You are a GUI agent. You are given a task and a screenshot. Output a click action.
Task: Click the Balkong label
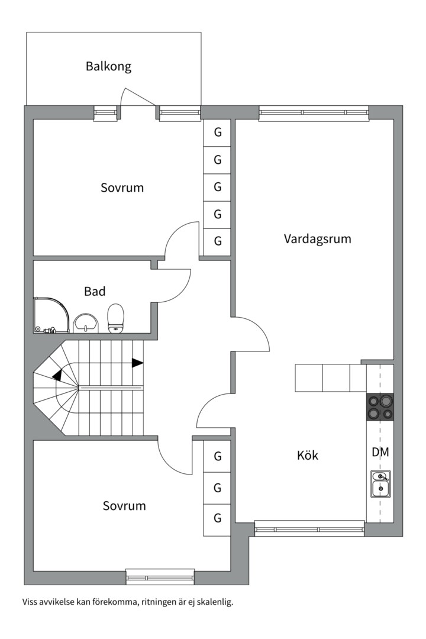pyautogui.click(x=108, y=66)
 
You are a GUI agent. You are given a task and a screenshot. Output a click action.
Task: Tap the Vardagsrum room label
pyautogui.click(x=317, y=239)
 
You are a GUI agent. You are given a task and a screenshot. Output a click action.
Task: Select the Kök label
pyautogui.click(x=308, y=456)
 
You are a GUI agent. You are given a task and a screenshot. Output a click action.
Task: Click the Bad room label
pyautogui.click(x=95, y=291)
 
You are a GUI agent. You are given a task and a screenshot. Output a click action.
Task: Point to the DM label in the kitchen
pyautogui.click(x=380, y=453)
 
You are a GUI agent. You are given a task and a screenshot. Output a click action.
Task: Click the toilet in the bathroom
pyautogui.click(x=116, y=318)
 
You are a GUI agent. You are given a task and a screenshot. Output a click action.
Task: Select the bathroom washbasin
pyautogui.click(x=86, y=322)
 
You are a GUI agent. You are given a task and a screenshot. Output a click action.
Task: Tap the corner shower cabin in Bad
pyautogui.click(x=51, y=314)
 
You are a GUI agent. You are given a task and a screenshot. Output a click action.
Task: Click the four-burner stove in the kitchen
pyautogui.click(x=380, y=407)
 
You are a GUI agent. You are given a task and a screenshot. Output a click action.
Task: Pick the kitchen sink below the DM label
pyautogui.click(x=380, y=483)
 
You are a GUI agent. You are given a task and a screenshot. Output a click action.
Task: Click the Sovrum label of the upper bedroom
pyautogui.click(x=122, y=188)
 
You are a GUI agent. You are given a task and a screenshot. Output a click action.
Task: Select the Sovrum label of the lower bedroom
pyautogui.click(x=124, y=506)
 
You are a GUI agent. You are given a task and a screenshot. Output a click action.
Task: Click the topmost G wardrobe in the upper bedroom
pyautogui.click(x=218, y=133)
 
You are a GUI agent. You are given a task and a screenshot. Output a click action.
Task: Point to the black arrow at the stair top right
pyautogui.click(x=137, y=363)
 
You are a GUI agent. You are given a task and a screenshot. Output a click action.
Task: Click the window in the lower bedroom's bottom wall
pyautogui.click(x=160, y=576)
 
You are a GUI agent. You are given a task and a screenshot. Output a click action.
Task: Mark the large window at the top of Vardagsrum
pyautogui.click(x=314, y=112)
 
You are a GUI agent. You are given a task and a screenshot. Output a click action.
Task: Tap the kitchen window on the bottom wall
pyautogui.click(x=309, y=528)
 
